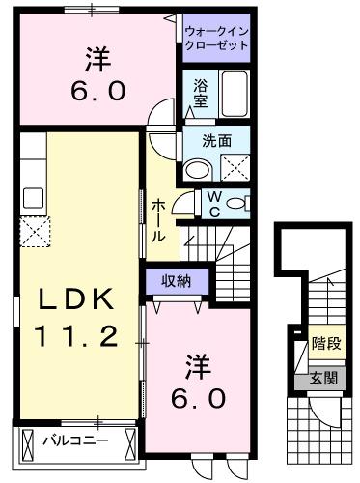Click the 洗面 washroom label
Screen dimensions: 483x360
[x=215, y=139]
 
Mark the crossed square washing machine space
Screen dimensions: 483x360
[x=235, y=169]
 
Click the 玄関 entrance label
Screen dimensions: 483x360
[x=324, y=378]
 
